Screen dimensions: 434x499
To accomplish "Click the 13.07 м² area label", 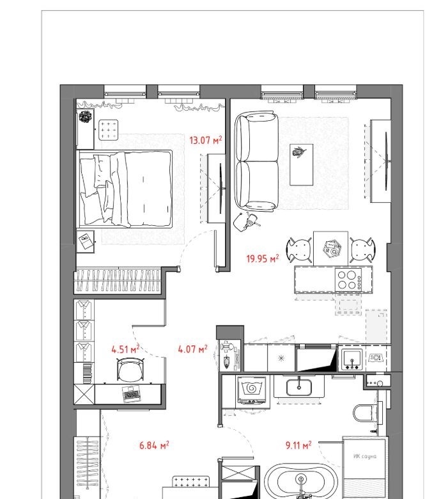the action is [205, 140].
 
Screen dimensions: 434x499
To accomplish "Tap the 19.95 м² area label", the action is [263, 258].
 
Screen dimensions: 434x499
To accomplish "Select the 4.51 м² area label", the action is [125, 349].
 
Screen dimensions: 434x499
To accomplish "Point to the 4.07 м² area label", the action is [192, 349].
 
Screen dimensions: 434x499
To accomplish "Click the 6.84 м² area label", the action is [154, 445].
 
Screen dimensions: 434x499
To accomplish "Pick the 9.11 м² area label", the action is [298, 445].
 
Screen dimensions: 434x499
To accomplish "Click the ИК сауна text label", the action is [365, 456].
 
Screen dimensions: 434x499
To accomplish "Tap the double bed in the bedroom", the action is [125, 189].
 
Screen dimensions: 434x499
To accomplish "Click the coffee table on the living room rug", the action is [302, 164].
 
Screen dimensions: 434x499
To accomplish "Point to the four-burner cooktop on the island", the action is [348, 280].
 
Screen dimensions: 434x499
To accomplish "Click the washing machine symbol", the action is [252, 390].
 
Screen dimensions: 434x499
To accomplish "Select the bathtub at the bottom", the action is [301, 482].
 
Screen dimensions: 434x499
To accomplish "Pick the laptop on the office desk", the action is [132, 394].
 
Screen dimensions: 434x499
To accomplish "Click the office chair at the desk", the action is [130, 369].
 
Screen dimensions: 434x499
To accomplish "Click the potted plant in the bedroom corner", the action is [85, 116].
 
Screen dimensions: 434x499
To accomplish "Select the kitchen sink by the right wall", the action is [352, 360].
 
